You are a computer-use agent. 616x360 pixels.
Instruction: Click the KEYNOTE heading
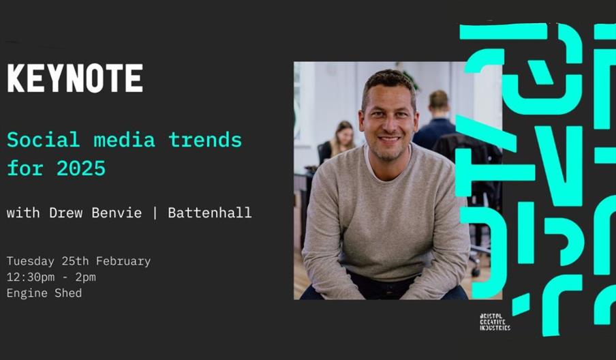pyautogui.click(x=75, y=79)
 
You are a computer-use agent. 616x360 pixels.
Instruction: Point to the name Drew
pyautogui.click(x=66, y=213)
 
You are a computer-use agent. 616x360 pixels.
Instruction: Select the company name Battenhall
pyautogui.click(x=209, y=213)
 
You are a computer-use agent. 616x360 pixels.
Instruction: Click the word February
pyautogui.click(x=123, y=261)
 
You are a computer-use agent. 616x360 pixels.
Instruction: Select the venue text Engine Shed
pyautogui.click(x=44, y=293)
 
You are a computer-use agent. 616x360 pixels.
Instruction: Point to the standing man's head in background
pyautogui.click(x=439, y=102)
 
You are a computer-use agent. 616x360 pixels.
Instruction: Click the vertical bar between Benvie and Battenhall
pyautogui.click(x=155, y=213)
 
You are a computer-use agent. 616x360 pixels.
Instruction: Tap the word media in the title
pyautogui.click(x=120, y=140)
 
